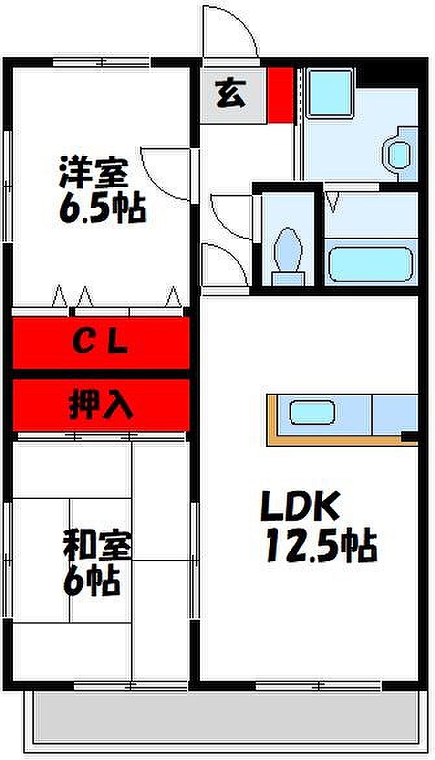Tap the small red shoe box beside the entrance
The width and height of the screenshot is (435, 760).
tap(281, 95)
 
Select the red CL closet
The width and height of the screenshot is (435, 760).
tap(101, 342)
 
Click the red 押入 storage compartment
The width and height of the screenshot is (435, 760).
tap(101, 405)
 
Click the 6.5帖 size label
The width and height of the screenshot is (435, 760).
tap(102, 209)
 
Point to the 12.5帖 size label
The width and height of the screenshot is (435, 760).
tap(320, 546)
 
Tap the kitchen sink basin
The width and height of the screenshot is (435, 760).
tap(312, 412)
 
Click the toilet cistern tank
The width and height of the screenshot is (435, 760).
tap(288, 278)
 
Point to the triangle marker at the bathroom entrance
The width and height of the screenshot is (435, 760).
tap(333, 201)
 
